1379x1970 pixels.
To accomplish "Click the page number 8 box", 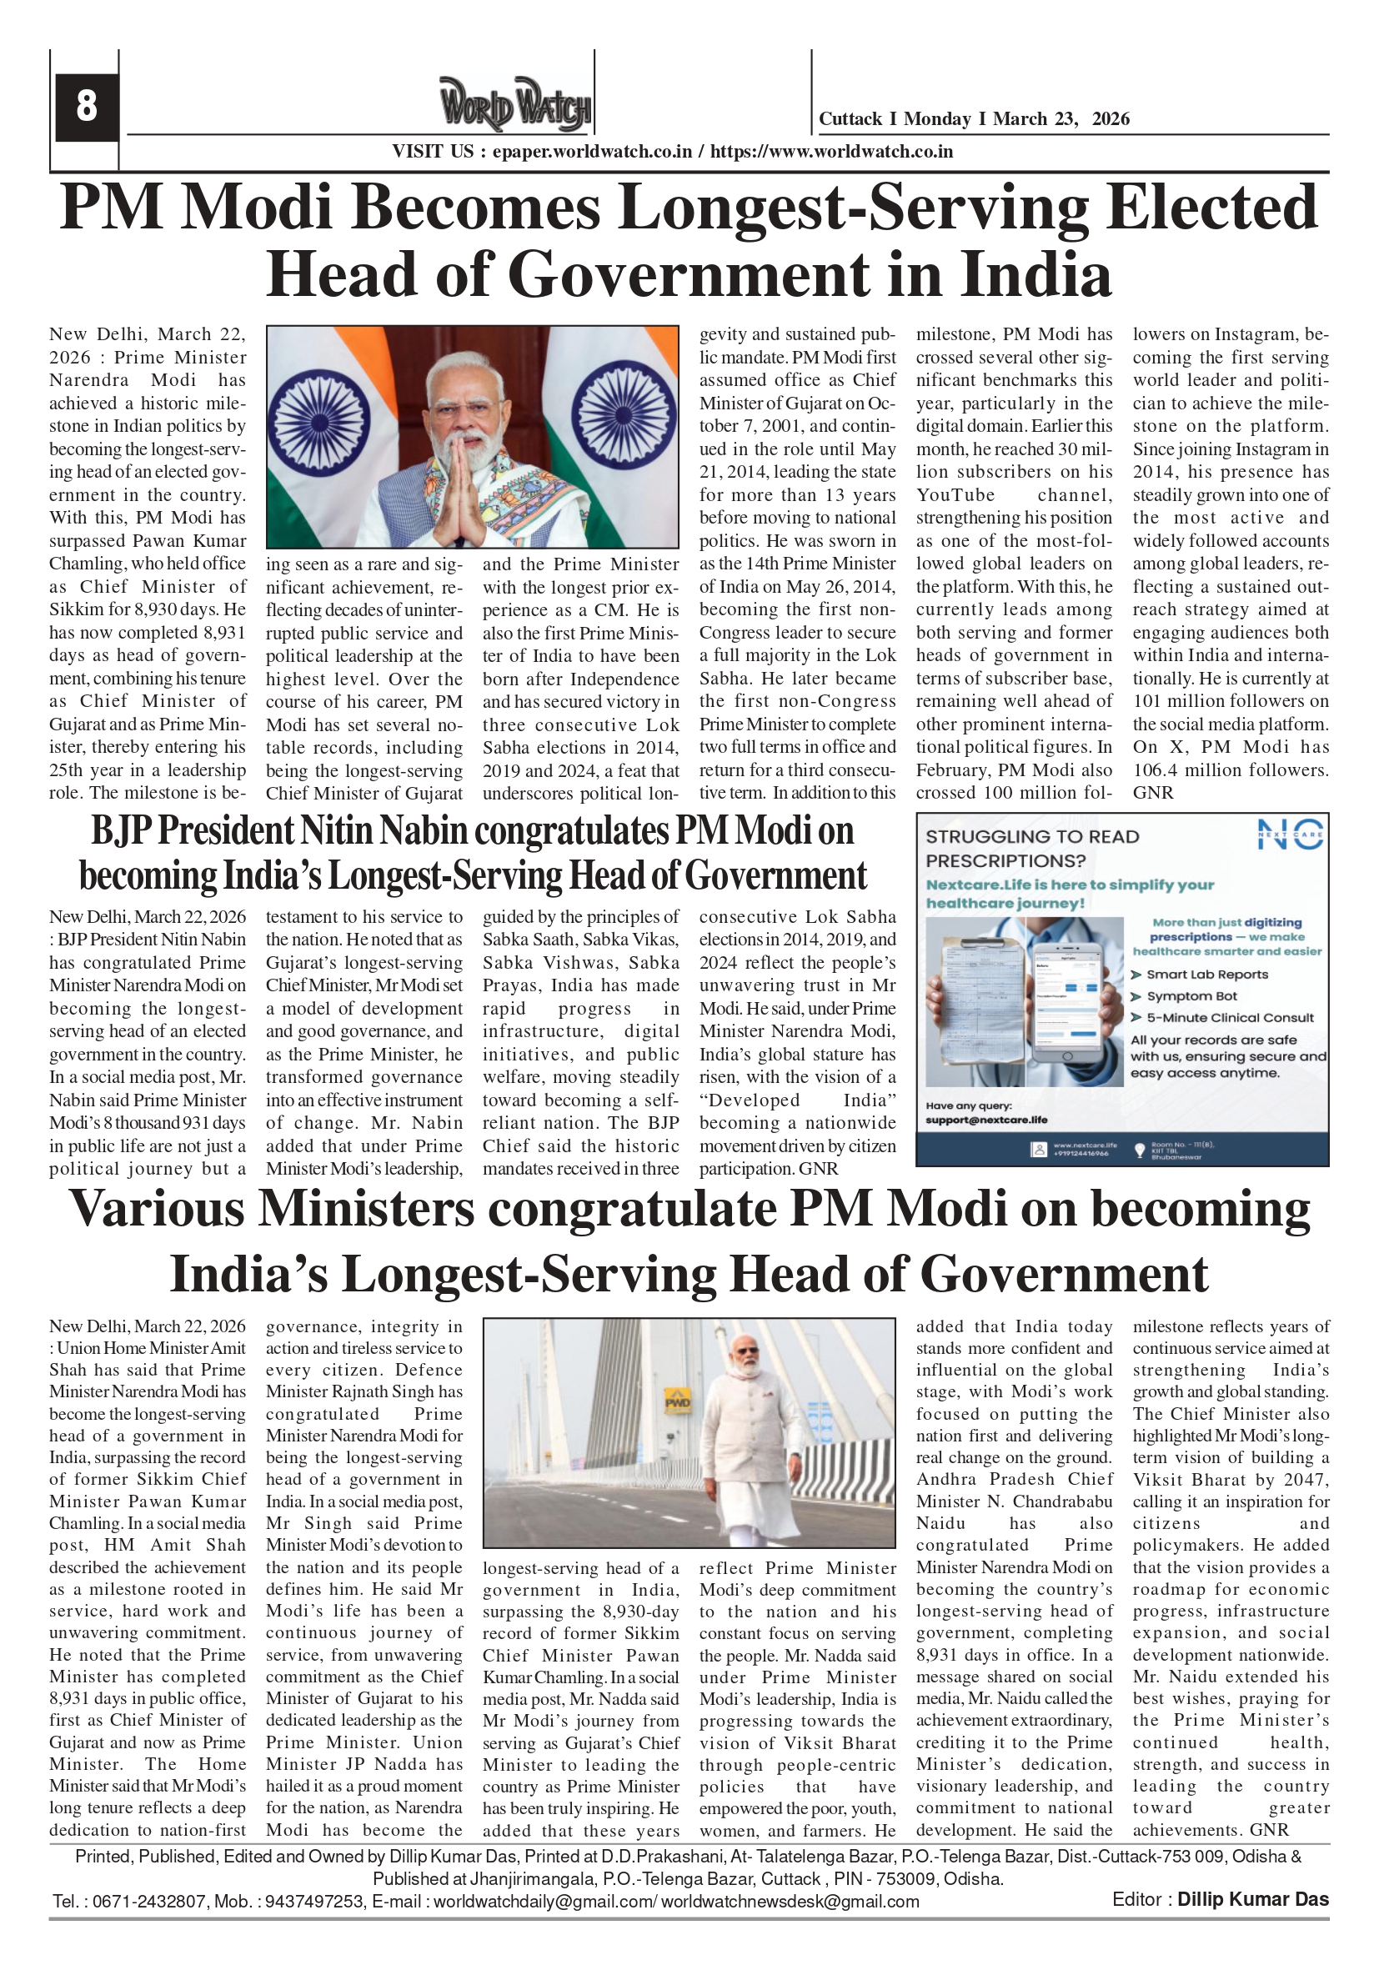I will (x=86, y=107).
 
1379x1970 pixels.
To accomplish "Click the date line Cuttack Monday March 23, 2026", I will (x=973, y=119).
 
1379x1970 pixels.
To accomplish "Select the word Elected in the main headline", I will (x=1211, y=208).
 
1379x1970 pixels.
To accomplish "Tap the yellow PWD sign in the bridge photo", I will (x=678, y=1403).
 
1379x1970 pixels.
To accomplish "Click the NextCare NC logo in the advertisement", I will (x=1290, y=834).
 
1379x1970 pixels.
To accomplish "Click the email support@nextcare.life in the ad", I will (x=986, y=1120).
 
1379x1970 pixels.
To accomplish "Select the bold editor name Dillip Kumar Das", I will (x=1252, y=1900).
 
